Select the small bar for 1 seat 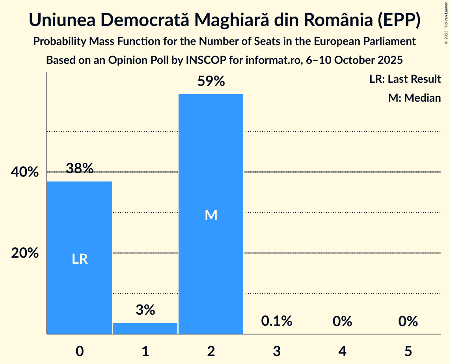145,329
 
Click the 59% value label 211,82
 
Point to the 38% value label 80,169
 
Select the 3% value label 145,310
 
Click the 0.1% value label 276,321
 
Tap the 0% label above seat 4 342,321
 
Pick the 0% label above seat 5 408,321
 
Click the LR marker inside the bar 80,259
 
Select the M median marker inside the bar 211,215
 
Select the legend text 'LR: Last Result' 405,79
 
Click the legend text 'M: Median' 414,98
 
